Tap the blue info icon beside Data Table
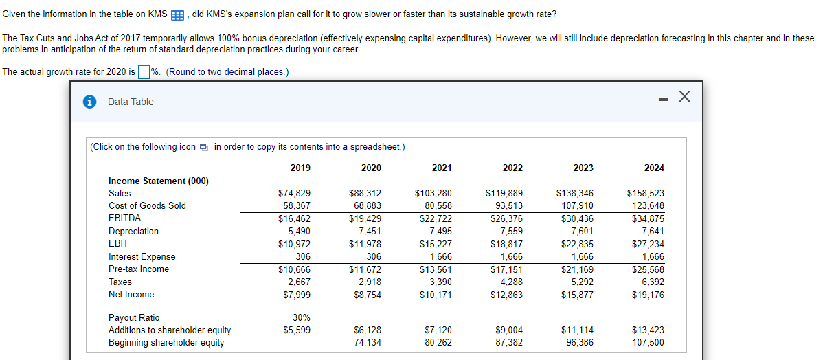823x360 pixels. pos(89,102)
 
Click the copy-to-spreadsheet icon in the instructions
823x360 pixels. pos(204,147)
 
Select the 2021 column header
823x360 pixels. pos(442,168)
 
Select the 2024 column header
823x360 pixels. pos(654,168)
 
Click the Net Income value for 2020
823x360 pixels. pos(367,295)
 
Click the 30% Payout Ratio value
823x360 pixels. pos(301,317)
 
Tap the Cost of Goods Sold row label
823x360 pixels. pos(147,206)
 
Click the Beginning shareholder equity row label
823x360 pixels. pos(166,343)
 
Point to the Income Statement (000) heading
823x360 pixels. pos(159,181)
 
